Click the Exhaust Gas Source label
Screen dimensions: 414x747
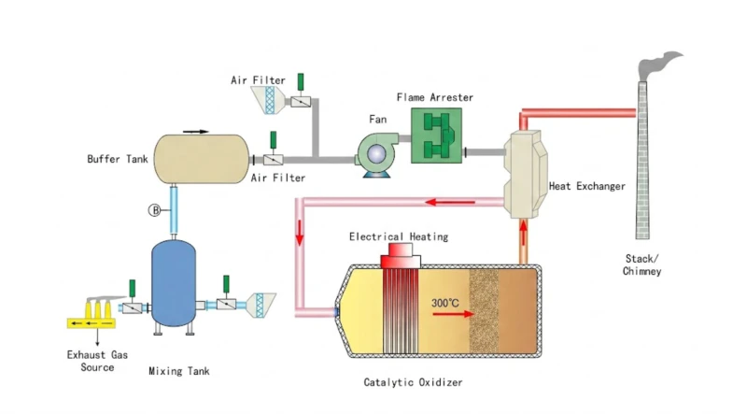pos(91,362)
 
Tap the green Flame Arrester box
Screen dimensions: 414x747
pos(436,136)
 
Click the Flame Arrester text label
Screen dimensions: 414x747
pos(435,97)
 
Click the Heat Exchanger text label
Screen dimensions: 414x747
pos(586,186)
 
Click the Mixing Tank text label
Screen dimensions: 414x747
pos(179,371)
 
